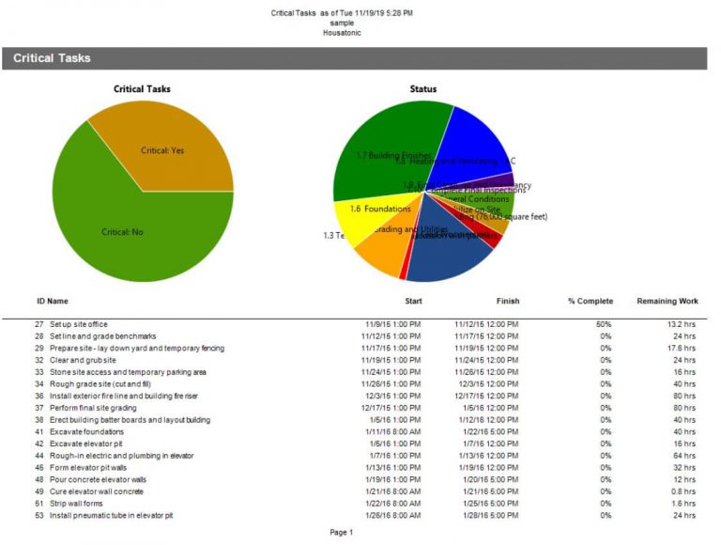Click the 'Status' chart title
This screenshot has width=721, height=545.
[423, 89]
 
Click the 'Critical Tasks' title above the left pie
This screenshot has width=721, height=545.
[142, 89]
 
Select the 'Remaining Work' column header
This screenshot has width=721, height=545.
[667, 301]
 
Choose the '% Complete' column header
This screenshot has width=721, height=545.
[590, 301]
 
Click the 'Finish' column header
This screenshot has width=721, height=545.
[508, 301]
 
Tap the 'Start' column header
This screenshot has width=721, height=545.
[413, 301]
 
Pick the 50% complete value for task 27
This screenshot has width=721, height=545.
[604, 324]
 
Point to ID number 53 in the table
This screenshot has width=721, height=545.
[39, 515]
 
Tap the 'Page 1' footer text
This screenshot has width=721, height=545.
[342, 533]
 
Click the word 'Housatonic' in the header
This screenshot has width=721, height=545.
[342, 33]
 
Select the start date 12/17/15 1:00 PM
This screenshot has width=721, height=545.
[391, 408]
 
